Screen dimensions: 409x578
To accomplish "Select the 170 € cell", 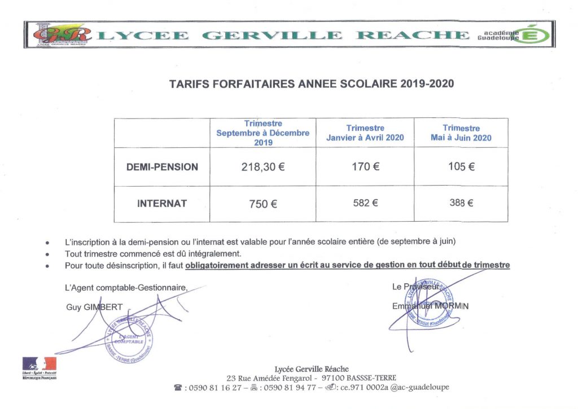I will tap(365, 166).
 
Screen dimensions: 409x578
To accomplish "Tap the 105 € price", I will tap(461, 166).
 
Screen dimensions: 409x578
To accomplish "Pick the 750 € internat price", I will tap(263, 204).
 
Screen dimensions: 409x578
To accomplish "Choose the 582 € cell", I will tap(365, 203).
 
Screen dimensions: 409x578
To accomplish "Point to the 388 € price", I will tap(461, 203).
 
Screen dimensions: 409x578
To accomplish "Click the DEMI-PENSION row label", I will tap(162, 167).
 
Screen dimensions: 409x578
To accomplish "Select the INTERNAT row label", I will tap(162, 204).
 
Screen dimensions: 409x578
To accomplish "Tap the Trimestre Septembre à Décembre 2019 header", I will tap(263, 133).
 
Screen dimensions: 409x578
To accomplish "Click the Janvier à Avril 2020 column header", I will tap(365, 133).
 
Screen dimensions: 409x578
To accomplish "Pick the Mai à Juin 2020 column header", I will tap(461, 133).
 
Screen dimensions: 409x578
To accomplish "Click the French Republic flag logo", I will tap(40, 364).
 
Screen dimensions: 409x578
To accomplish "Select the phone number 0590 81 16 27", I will tap(215, 388).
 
